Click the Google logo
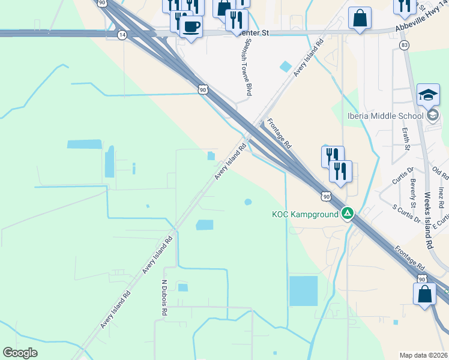(x=20, y=353)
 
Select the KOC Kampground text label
(x=306, y=214)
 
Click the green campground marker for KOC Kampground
(x=347, y=213)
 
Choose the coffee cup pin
(x=191, y=27)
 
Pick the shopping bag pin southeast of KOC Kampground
(x=424, y=294)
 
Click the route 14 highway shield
(x=122, y=35)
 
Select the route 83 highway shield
(x=405, y=45)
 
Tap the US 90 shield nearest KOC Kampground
(x=325, y=196)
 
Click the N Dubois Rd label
(x=164, y=297)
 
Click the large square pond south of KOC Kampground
(x=303, y=291)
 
